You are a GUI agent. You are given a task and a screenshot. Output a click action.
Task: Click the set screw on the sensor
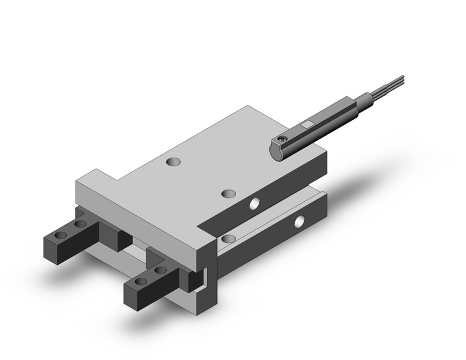(281, 143)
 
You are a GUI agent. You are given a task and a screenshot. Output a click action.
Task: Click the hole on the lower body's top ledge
(229, 238)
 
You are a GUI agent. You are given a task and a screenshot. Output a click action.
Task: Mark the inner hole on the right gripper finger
(160, 270)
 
